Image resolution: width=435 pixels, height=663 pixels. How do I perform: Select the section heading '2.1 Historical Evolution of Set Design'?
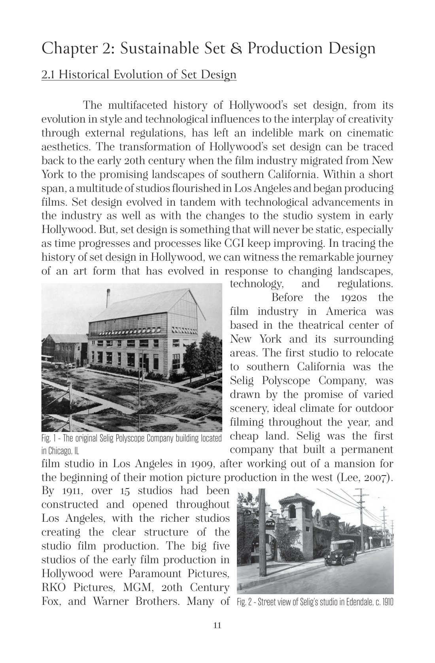point(139,74)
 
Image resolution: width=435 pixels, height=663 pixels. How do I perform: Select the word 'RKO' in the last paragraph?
point(54,587)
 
